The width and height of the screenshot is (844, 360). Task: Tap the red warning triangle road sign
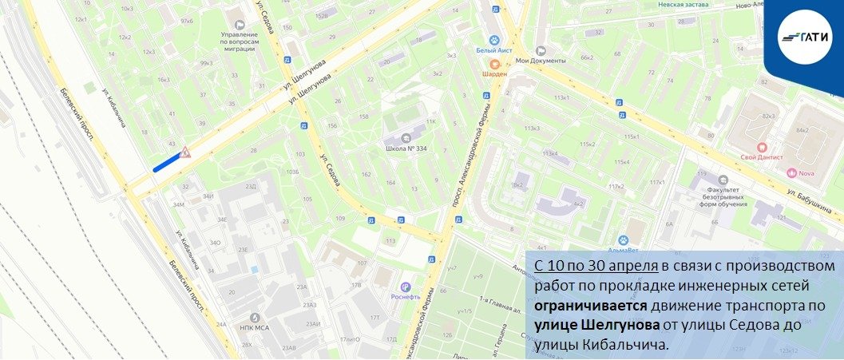pyautogui.click(x=184, y=152)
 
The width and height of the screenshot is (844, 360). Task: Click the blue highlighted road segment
pyautogui.click(x=167, y=162)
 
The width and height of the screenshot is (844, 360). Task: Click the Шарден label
pyautogui.click(x=494, y=73)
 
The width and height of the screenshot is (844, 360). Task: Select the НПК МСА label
pyautogui.click(x=255, y=328)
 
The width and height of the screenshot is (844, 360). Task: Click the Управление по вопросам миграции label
pyautogui.click(x=239, y=40)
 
